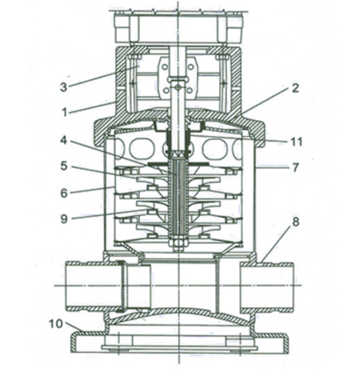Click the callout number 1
(64, 112)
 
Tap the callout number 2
(295, 88)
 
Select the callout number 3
(63, 87)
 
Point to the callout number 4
(63, 141)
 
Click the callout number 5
(64, 166)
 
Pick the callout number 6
(64, 193)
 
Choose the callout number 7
(295, 168)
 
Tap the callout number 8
(296, 222)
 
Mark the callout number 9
(64, 219)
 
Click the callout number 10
(56, 324)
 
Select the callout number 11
(296, 142)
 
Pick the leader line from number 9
(111, 214)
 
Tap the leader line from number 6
(93, 190)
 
